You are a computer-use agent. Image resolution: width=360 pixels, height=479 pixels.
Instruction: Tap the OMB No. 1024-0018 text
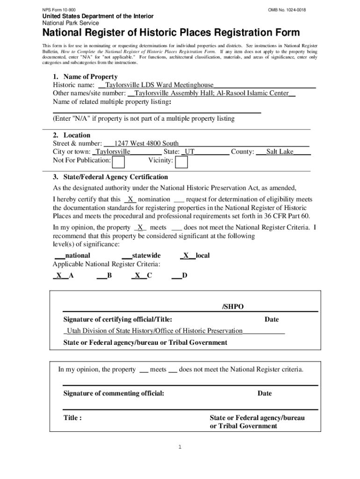point(287,9)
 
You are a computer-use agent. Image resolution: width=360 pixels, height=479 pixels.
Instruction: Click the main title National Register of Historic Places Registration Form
point(171,33)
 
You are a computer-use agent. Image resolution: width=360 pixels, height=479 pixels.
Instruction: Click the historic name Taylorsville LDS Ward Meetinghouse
point(159,85)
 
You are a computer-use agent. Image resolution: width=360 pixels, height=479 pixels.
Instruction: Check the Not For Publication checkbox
point(119,162)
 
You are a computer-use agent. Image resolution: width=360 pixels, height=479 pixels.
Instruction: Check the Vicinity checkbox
point(181,162)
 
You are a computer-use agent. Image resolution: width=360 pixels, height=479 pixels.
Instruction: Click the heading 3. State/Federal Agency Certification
point(110,177)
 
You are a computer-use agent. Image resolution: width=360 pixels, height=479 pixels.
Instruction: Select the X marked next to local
point(186,255)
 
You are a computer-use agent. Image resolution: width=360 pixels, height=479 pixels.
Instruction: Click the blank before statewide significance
point(126,256)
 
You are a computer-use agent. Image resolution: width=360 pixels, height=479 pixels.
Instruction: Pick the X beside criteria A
point(59,276)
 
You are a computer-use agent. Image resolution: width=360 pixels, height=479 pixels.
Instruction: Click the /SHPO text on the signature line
point(232,307)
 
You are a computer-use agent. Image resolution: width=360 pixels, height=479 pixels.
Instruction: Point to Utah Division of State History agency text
point(152,331)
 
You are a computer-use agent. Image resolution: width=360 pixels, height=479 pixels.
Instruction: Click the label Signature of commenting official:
point(114,393)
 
